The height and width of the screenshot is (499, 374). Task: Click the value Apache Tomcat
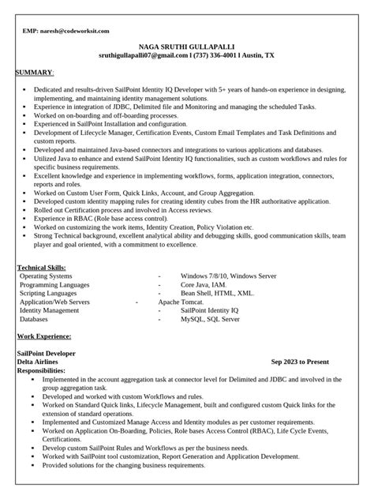pos(181,302)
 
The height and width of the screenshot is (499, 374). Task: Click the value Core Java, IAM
pos(204,285)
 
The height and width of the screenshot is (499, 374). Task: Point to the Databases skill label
pos(35,320)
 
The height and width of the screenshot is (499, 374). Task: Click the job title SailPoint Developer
pos(48,352)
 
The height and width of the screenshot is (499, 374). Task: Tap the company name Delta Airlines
pos(41,361)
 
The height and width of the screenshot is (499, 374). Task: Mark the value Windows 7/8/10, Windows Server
pos(228,276)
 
